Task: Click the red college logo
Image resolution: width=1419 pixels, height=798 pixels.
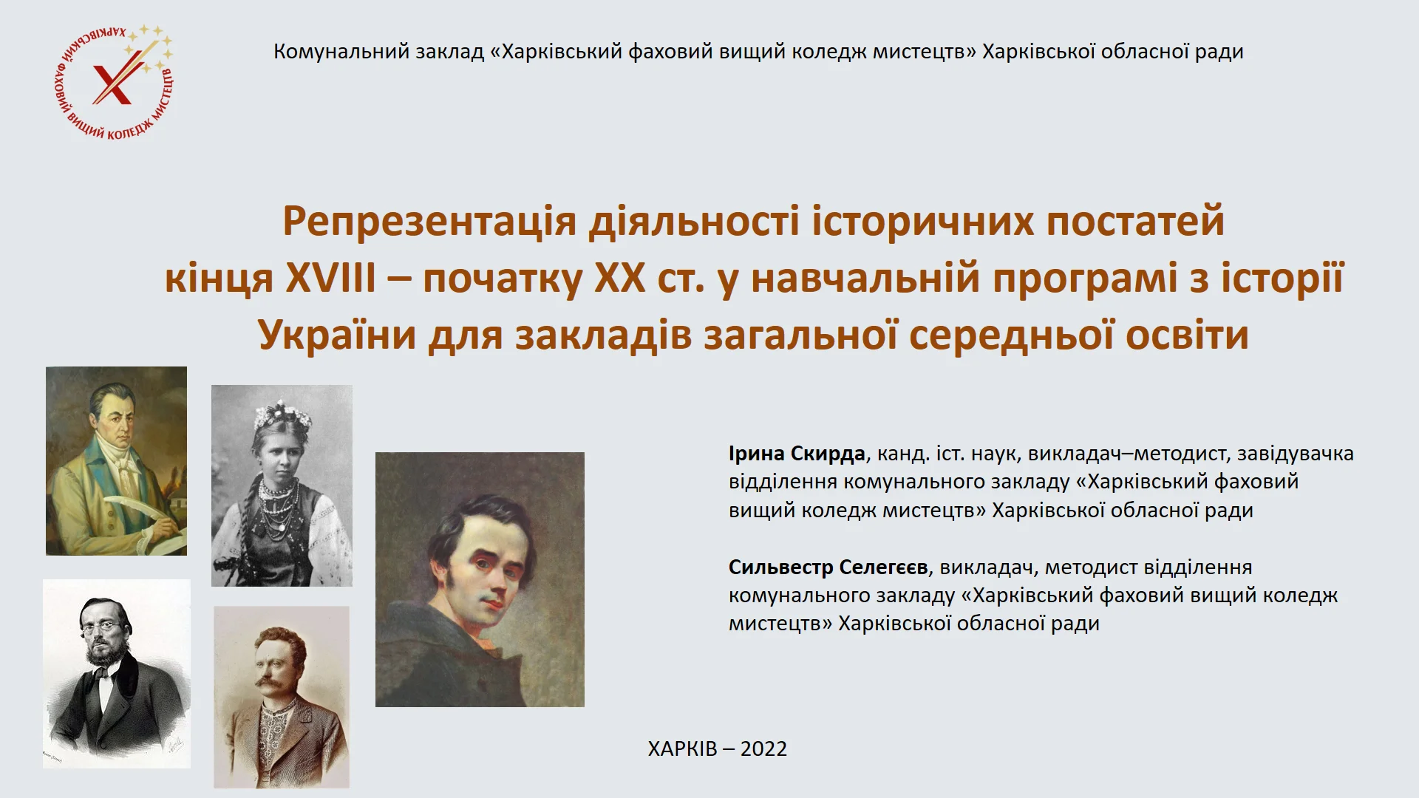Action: pyautogui.click(x=115, y=82)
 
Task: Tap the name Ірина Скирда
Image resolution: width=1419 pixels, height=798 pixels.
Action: pyautogui.click(x=797, y=454)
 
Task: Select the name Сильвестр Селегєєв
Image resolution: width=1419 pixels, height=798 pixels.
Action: pyautogui.click(x=828, y=567)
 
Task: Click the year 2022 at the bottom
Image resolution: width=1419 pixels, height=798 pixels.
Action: pyautogui.click(x=763, y=748)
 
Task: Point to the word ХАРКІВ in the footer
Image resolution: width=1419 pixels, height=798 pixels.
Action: pyautogui.click(x=682, y=748)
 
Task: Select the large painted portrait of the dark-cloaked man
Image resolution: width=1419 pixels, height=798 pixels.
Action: pyautogui.click(x=480, y=579)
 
